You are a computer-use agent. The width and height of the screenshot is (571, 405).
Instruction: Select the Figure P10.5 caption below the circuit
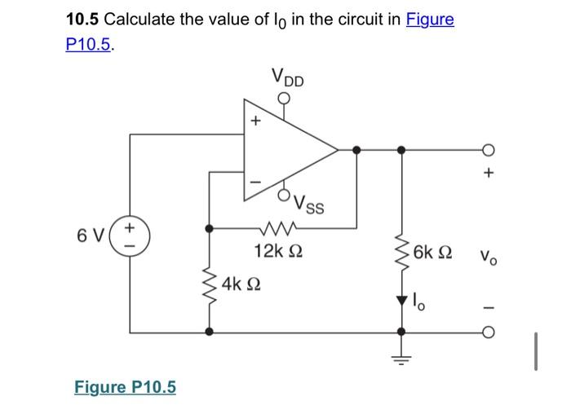pos(125,386)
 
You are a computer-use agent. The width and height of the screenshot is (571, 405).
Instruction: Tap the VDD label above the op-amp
pos(286,80)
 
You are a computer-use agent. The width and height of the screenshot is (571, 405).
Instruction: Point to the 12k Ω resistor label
pos(277,249)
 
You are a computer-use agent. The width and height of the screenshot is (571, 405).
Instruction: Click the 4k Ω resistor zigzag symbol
pos(210,281)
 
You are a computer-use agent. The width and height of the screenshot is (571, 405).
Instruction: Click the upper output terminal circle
pos(489,150)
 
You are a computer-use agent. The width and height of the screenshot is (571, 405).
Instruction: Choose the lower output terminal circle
pos(489,332)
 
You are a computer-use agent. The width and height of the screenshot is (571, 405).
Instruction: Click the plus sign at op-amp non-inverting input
pos(255,122)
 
